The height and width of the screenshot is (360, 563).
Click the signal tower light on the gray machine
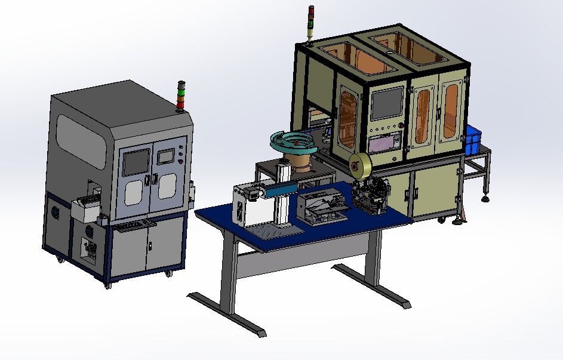(x=181, y=96)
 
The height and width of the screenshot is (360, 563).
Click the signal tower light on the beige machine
(x=310, y=24)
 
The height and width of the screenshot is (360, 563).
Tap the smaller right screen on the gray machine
(x=164, y=156)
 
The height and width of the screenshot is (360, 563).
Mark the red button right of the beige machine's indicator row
(x=402, y=125)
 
